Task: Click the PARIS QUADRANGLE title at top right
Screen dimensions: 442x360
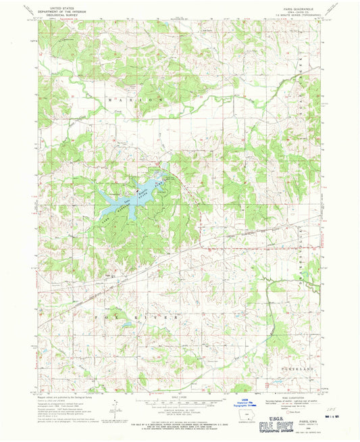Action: [288, 6]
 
